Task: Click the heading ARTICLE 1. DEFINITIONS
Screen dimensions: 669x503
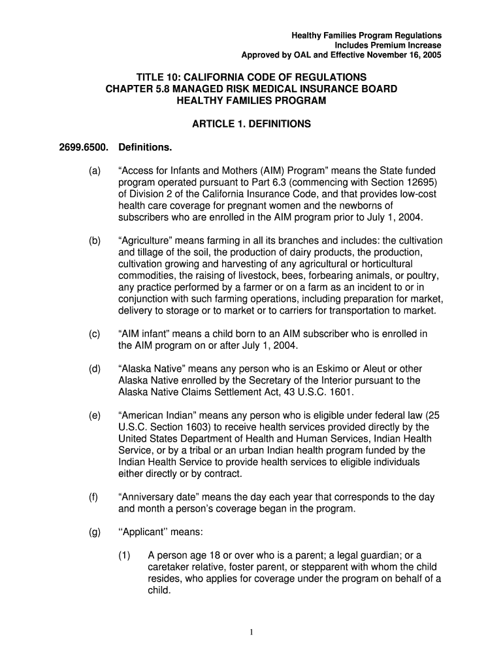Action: (x=251, y=123)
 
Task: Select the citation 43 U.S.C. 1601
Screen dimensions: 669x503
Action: (x=316, y=392)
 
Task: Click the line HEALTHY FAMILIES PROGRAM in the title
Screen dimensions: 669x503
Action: (x=251, y=100)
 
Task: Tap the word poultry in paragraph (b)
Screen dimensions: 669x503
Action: (x=422, y=274)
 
